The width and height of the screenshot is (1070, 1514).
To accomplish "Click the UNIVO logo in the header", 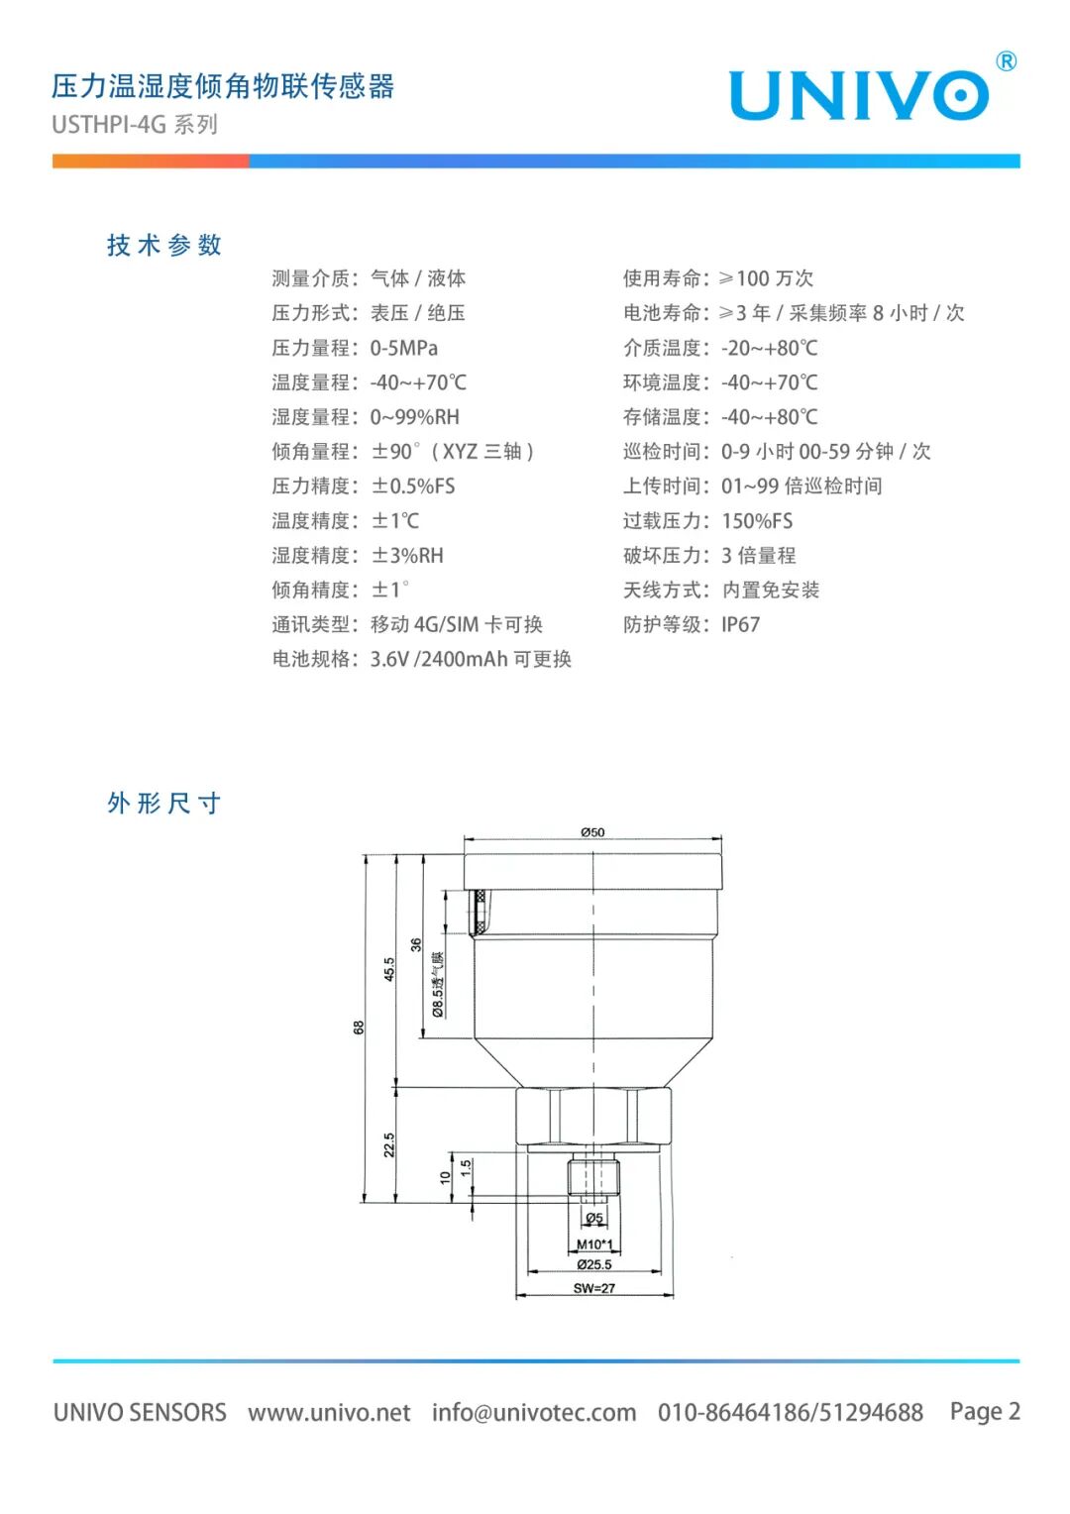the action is click(858, 95).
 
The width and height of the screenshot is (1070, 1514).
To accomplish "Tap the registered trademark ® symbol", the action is click(1006, 61).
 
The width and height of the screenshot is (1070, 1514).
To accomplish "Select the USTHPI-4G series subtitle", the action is click(135, 125).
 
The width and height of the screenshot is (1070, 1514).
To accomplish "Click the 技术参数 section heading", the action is click(164, 245).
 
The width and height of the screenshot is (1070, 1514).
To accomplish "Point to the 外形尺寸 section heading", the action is click(164, 803).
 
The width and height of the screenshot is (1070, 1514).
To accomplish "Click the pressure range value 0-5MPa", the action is click(403, 348).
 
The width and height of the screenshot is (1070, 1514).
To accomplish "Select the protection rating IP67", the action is click(740, 624).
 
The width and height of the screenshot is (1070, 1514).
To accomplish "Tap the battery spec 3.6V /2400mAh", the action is click(439, 659).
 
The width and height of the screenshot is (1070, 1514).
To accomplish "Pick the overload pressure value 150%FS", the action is click(757, 521).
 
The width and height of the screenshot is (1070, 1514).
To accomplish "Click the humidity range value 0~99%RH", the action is click(414, 417).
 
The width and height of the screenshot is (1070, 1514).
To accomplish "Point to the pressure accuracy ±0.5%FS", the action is click(413, 486).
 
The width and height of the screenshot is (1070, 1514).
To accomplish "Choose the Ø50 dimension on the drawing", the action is click(592, 832).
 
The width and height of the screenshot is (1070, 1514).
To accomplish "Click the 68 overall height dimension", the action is click(359, 1027).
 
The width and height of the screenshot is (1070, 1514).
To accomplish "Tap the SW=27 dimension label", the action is click(594, 1288).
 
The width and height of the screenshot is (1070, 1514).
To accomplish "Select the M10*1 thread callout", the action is click(594, 1244).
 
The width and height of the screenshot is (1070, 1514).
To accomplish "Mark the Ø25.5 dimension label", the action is click(594, 1264).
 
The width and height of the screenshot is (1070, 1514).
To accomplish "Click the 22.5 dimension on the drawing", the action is click(388, 1145).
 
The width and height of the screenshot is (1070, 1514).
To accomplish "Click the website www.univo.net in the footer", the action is click(329, 1413).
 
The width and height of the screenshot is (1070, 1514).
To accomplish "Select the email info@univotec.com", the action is click(534, 1413).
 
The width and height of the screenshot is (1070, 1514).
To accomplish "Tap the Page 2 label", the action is click(985, 1411).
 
